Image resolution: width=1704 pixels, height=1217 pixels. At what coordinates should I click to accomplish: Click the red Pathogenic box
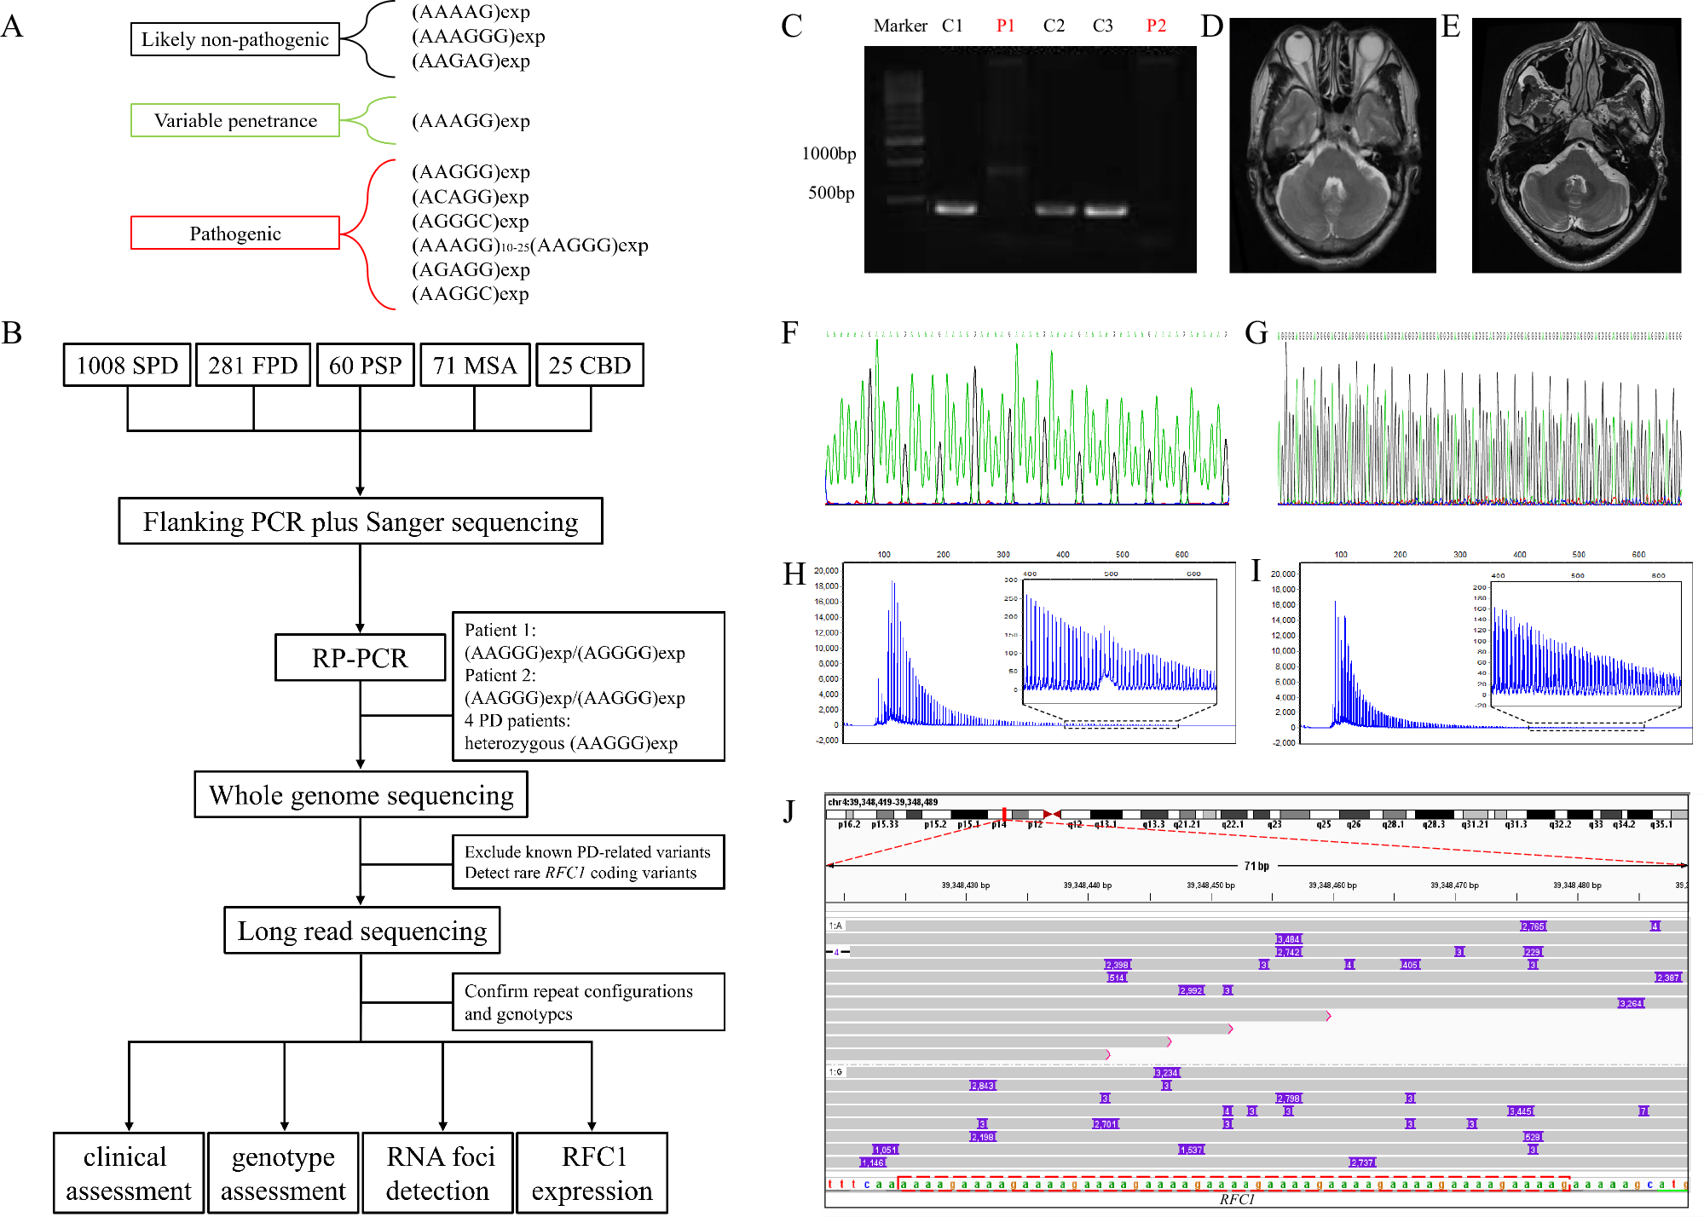click(x=234, y=233)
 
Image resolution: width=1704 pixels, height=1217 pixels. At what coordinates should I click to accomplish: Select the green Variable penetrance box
click(x=234, y=120)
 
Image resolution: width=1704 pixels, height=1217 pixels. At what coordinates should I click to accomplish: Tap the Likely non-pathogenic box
click(x=234, y=39)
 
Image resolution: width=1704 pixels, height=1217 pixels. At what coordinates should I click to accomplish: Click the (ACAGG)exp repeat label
click(x=470, y=197)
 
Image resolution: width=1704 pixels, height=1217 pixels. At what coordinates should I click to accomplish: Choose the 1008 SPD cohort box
click(x=127, y=366)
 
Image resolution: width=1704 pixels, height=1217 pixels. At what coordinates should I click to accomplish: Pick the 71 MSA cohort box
click(x=475, y=366)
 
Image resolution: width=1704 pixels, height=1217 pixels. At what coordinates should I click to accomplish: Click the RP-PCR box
click(x=360, y=658)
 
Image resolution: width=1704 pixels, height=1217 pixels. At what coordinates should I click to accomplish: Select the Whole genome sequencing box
click(x=361, y=795)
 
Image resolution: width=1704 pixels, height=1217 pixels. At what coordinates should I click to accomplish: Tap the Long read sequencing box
click(x=361, y=931)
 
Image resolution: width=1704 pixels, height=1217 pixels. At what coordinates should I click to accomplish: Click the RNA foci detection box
click(x=438, y=1173)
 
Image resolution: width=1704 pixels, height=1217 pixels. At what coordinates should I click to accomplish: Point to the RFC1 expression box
click(x=592, y=1173)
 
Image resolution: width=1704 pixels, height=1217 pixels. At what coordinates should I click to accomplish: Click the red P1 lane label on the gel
click(x=1005, y=26)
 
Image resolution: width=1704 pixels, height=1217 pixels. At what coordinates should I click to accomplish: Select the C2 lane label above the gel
click(x=1054, y=26)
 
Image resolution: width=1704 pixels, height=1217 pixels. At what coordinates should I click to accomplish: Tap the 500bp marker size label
click(x=831, y=193)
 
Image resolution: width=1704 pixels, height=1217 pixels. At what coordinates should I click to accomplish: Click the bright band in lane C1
click(x=955, y=209)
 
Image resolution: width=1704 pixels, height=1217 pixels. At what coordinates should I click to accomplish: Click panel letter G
click(x=1256, y=333)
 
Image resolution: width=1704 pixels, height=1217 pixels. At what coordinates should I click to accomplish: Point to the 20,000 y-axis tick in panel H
click(x=826, y=571)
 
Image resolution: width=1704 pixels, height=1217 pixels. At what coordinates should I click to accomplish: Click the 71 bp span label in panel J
click(x=1256, y=866)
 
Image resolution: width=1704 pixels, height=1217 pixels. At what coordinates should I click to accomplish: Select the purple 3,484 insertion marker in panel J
click(x=1288, y=939)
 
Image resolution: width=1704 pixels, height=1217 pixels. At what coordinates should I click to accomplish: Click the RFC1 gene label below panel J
click(x=1236, y=1200)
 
